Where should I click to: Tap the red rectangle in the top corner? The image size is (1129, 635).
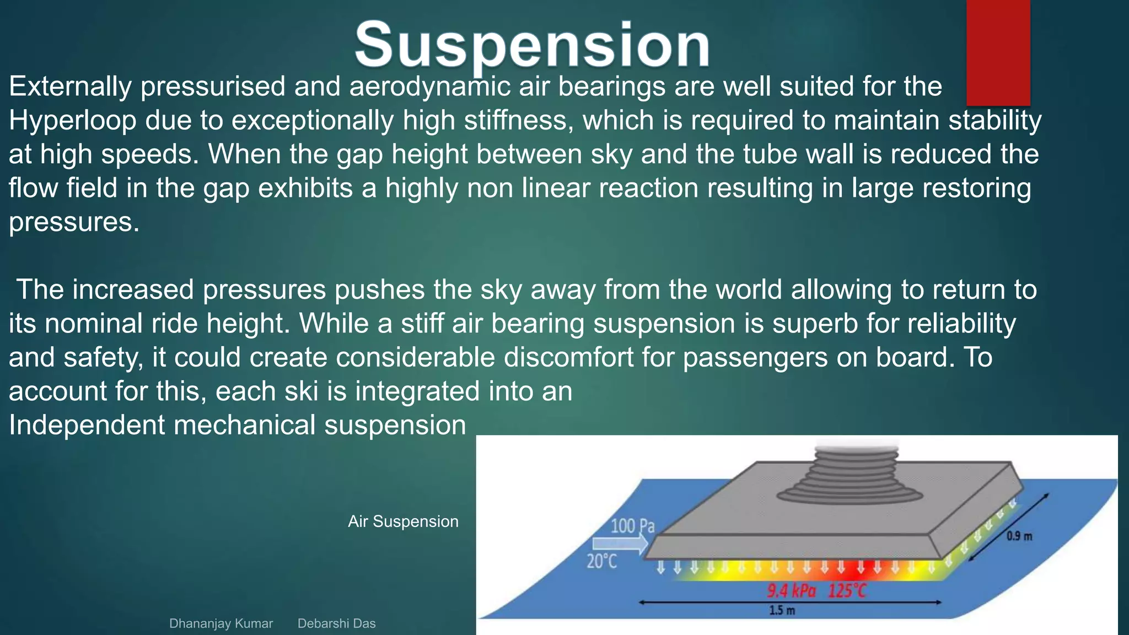[998, 52]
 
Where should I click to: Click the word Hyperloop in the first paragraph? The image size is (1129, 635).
[72, 121]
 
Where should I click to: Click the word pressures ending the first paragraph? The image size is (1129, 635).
[73, 222]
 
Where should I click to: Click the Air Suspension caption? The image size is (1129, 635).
[403, 521]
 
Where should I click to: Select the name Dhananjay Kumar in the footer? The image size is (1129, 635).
[221, 623]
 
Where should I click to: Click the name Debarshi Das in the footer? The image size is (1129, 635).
[336, 623]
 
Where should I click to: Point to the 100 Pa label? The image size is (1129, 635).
[632, 526]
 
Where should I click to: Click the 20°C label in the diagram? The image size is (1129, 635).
[601, 562]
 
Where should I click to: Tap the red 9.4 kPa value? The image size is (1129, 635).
[791, 591]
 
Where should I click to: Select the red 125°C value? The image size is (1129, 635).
[847, 591]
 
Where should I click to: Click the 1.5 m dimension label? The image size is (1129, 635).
[782, 610]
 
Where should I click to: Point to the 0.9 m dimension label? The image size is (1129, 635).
[1019, 536]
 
